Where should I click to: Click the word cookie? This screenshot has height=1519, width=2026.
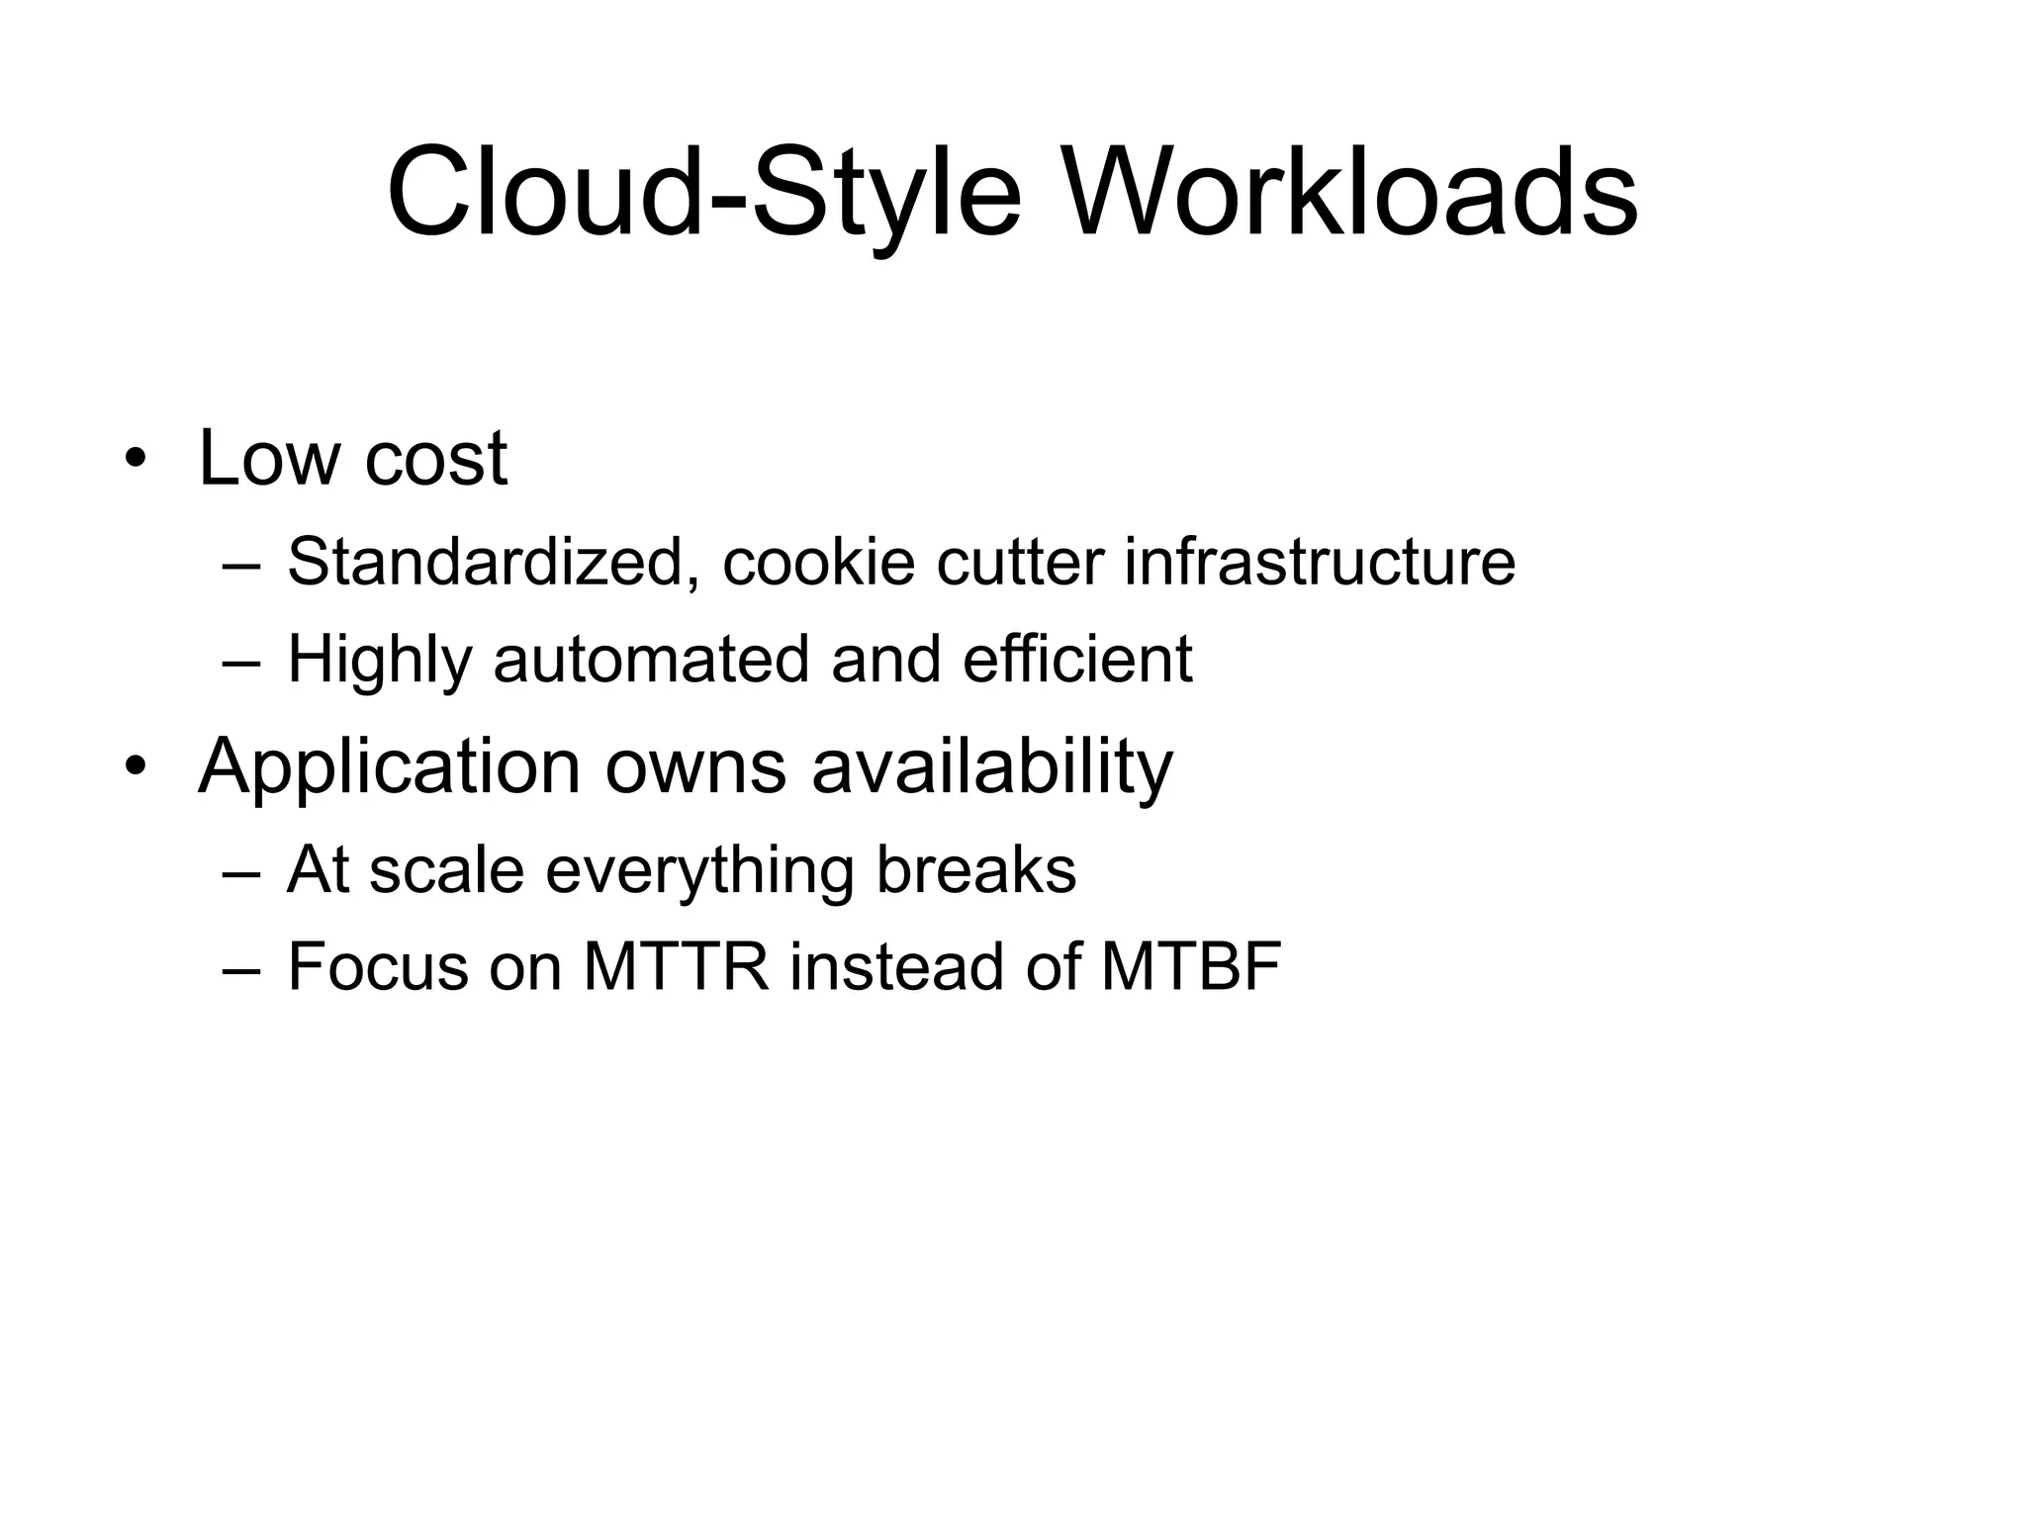point(818,562)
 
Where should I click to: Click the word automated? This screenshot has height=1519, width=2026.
point(651,660)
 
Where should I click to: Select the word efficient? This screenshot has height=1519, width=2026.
point(1077,660)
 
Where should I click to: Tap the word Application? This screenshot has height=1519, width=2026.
point(389,765)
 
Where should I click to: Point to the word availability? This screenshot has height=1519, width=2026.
point(992,765)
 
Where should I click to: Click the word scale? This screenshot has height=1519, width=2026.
point(446,870)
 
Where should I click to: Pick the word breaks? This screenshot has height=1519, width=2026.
point(975,870)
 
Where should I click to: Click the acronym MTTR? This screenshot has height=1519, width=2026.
point(676,967)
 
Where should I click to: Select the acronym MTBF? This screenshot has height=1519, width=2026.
point(1190,967)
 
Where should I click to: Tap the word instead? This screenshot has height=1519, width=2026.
point(895,967)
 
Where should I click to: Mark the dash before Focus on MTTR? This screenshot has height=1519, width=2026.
point(241,967)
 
